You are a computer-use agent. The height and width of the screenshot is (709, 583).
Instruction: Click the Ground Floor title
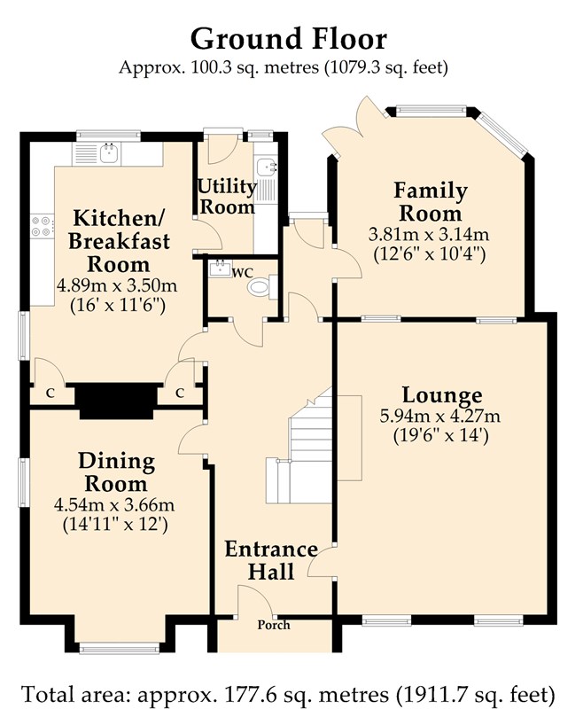[x=288, y=39]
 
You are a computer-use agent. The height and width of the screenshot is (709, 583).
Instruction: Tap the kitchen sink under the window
[x=109, y=153]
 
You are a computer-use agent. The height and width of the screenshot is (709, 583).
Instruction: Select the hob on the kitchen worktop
[x=41, y=226]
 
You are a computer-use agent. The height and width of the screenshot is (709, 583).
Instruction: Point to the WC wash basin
[x=221, y=269]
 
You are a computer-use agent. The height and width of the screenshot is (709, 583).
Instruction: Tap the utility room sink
[x=265, y=167]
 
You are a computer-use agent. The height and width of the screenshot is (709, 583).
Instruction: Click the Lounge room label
[x=442, y=394]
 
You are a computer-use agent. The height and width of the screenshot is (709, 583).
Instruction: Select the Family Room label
[x=431, y=202]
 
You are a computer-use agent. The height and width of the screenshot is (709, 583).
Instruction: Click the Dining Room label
[x=117, y=472]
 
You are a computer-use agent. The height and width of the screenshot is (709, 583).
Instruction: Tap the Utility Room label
[x=228, y=196]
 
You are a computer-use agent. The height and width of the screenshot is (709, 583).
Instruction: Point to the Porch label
[x=274, y=625]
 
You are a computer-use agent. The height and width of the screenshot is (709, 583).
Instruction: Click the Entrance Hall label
[x=271, y=560]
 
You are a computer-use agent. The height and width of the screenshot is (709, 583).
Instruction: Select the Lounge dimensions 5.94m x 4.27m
[x=440, y=416]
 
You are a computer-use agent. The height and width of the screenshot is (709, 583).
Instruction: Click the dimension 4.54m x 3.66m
[x=114, y=504]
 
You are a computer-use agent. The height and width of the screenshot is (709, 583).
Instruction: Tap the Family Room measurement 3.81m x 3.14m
[x=429, y=234]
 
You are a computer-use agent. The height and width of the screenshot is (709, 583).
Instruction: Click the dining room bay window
[x=120, y=649]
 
